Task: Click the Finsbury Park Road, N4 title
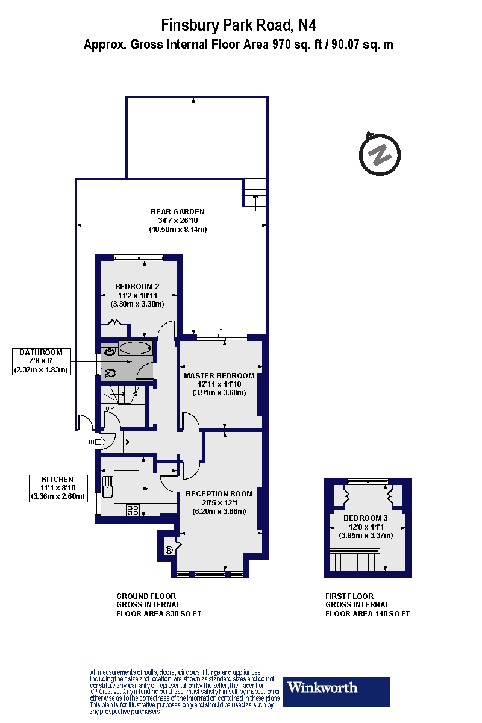coord(239,25)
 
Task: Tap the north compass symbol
coord(380,154)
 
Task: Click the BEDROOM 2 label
coord(137,286)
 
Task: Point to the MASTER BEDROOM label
coord(219,376)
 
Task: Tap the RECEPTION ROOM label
coord(219,493)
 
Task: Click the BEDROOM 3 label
coord(366,518)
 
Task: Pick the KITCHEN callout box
coord(58,488)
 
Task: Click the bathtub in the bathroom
coord(135,348)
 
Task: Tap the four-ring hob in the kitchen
coord(133,510)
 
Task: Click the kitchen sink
coord(108,486)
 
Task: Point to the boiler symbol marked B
coord(169,550)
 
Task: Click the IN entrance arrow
coord(97,442)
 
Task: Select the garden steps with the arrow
coord(255,193)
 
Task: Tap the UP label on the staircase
coord(110,409)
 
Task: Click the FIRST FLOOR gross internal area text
coord(368,604)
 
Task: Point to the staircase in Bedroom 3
coord(355,561)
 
